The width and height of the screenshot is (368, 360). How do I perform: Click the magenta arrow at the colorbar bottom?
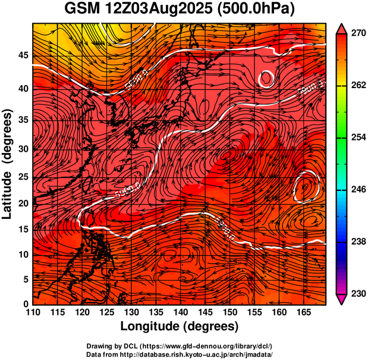pos(342,299)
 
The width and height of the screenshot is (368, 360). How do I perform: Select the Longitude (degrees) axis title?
pos(180,327)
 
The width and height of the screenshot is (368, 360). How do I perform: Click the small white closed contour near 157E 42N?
pos(266,78)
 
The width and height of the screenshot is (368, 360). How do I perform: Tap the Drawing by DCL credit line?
pos(180,346)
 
